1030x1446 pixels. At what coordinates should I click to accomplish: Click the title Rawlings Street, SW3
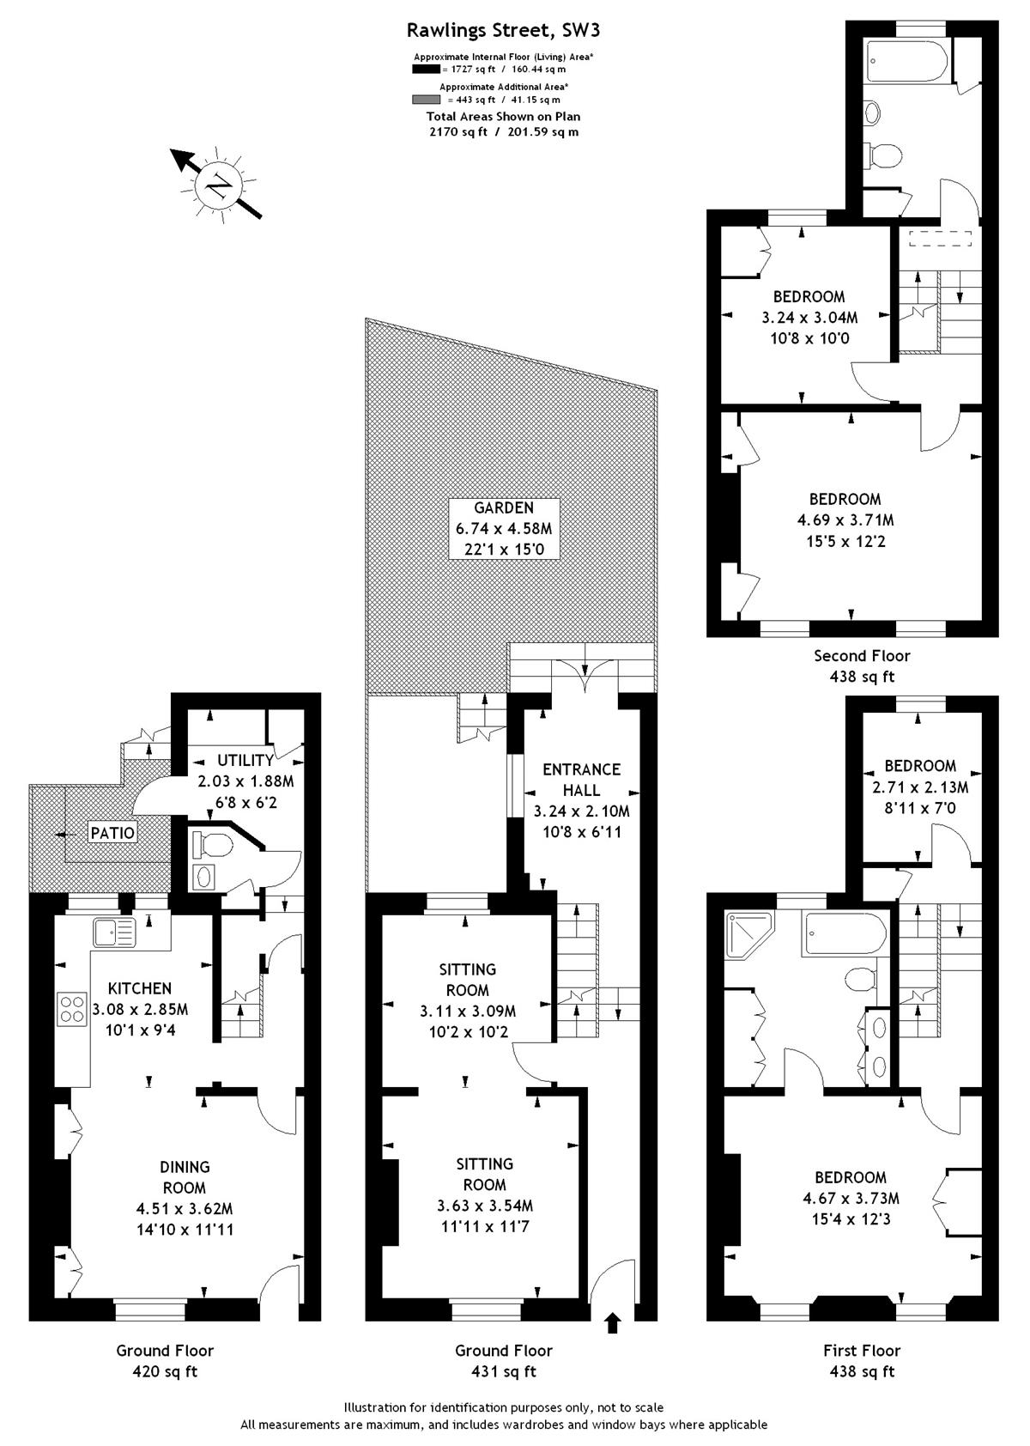504,30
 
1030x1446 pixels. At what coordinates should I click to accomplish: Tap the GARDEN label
503,507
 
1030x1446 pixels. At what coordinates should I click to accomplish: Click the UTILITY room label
245,760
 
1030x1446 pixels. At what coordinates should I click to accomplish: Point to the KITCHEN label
139,987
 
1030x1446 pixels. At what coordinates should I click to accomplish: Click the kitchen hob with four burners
72,1009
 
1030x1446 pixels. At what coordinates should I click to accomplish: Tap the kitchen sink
114,933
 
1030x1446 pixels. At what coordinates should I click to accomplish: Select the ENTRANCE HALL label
581,779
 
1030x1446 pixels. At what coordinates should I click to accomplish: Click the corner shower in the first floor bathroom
748,935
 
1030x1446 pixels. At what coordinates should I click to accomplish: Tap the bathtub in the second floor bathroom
907,62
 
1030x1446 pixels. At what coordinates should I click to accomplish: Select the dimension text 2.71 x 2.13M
920,787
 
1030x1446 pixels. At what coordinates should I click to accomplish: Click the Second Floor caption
862,656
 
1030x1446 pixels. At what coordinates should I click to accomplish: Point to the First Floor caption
862,1351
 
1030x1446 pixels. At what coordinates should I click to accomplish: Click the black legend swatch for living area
426,69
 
